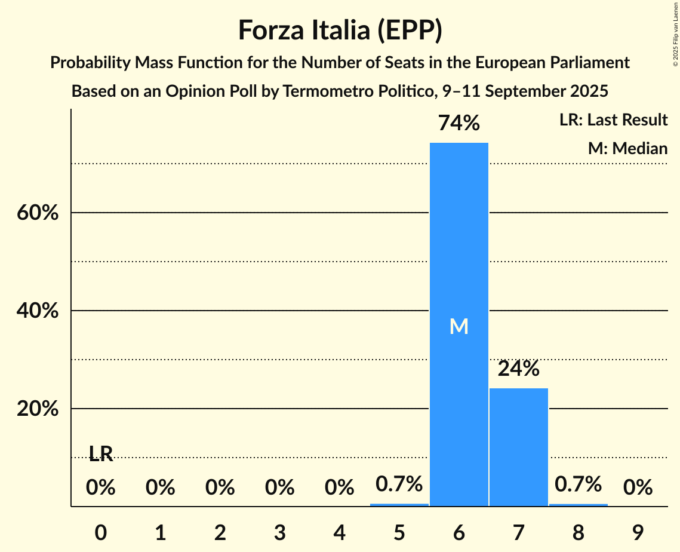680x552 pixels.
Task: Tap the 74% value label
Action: (x=459, y=123)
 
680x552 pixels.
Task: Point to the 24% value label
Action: (x=518, y=369)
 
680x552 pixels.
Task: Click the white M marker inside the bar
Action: (x=459, y=326)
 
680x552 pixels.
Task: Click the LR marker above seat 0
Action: (x=101, y=454)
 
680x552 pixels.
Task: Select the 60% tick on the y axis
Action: (x=37, y=213)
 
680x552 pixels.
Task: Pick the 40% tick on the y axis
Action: (x=37, y=311)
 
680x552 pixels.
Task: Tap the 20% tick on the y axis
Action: (x=37, y=409)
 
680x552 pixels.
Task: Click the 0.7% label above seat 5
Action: (x=399, y=484)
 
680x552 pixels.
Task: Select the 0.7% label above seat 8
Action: (x=578, y=484)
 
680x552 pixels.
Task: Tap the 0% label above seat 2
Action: (x=220, y=487)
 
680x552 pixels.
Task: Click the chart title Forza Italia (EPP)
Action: (x=340, y=30)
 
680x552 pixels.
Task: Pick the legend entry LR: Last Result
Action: (x=613, y=120)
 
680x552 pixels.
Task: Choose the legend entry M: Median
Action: (x=627, y=148)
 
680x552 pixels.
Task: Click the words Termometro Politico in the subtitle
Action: (x=361, y=91)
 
